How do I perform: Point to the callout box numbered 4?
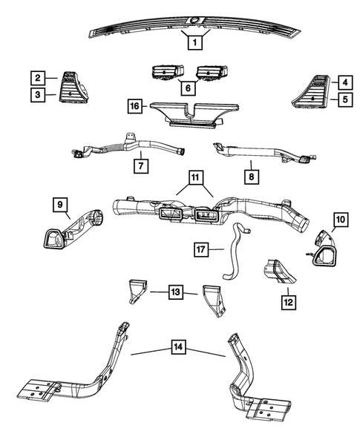(x=344, y=82)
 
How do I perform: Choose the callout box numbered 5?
(x=344, y=98)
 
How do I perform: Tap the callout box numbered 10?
(x=339, y=220)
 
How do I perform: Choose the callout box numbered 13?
(x=174, y=293)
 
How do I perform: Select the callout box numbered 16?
(x=134, y=108)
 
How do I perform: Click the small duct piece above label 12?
(x=279, y=274)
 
